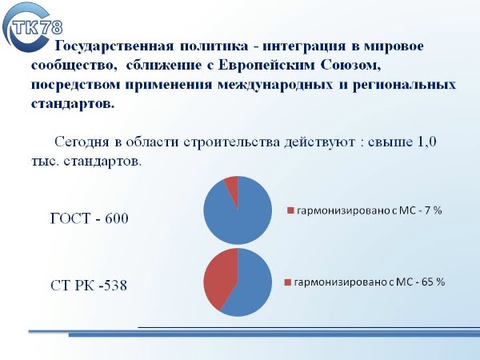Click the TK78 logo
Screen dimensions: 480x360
pos(32,27)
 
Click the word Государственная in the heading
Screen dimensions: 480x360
pos(114,46)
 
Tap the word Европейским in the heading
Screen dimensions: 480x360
pos(266,66)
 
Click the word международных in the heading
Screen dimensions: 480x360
pos(275,84)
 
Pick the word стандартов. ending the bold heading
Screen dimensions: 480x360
pos(73,103)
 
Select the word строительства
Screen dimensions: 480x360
pos(232,142)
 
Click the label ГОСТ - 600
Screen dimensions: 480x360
pos(89,218)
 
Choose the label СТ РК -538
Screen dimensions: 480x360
pos(89,285)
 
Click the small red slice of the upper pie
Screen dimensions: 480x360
pos(233,186)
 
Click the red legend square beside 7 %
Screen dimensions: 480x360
pos(290,210)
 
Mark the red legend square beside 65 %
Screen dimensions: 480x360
pos(287,282)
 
